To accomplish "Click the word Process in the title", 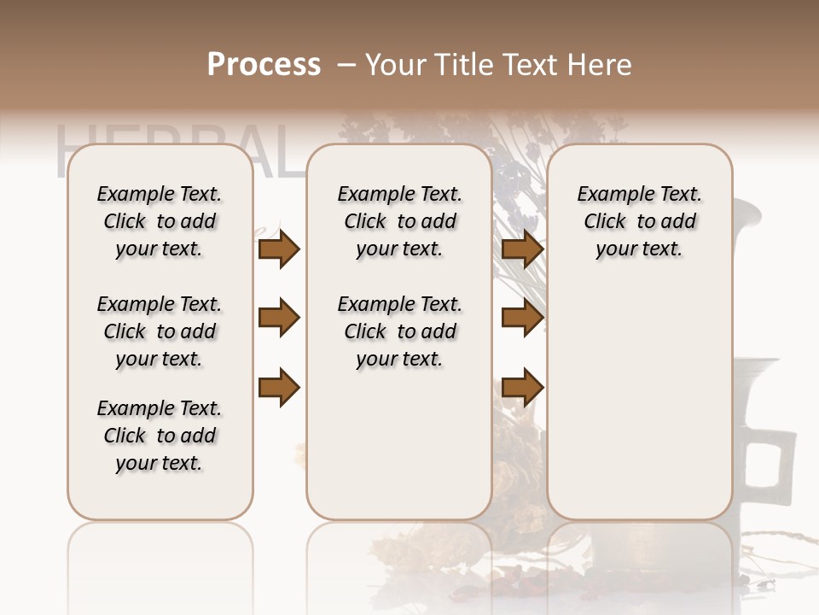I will coord(264,65).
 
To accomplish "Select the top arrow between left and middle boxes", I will coord(279,249).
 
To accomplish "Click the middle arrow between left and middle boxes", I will coord(279,319).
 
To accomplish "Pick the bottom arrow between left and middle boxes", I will coord(279,387).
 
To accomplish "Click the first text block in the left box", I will coord(160,221).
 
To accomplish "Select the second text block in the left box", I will coord(160,331).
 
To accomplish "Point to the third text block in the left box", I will coord(160,436).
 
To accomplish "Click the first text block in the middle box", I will coord(399,221).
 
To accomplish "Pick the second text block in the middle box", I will coord(399,331).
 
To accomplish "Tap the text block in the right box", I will coord(640,221).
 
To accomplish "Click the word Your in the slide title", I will coord(396,65).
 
